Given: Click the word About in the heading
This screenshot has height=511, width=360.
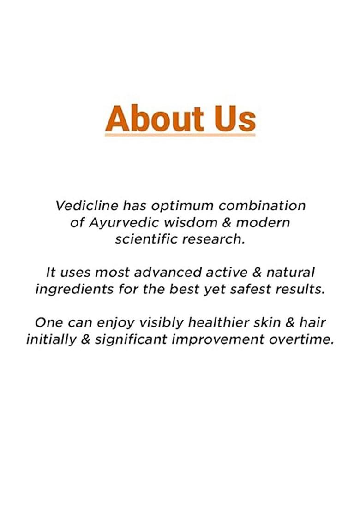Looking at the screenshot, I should pyautogui.click(x=154, y=118).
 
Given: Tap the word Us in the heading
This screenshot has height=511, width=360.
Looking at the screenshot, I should pyautogui.click(x=235, y=118).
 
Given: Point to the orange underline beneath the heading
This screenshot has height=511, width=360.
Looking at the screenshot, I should pyautogui.click(x=180, y=135).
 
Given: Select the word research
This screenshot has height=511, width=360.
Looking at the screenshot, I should pyautogui.click(x=218, y=240).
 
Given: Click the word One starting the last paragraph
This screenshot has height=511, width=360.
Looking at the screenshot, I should pyautogui.click(x=48, y=322).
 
